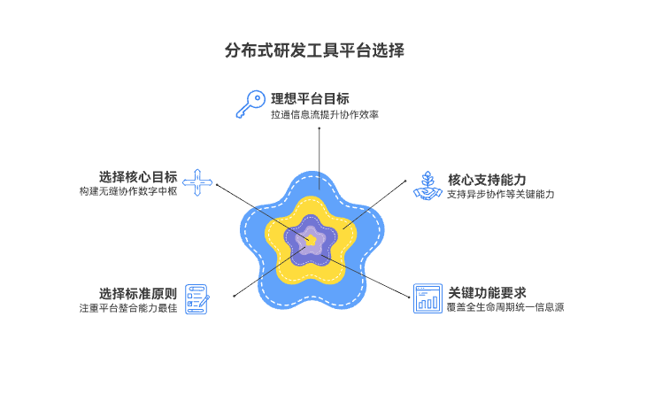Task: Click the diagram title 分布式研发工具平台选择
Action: point(315,50)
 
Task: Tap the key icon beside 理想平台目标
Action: point(249,104)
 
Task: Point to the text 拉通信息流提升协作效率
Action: point(325,115)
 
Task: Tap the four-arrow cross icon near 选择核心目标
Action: point(198,182)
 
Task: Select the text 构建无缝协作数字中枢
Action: point(128,191)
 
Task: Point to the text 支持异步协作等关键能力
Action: point(500,194)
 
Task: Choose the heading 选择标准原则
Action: point(138,293)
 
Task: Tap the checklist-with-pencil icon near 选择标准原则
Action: point(197,298)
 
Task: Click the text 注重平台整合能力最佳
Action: point(128,309)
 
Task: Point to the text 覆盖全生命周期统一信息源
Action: point(505,307)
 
